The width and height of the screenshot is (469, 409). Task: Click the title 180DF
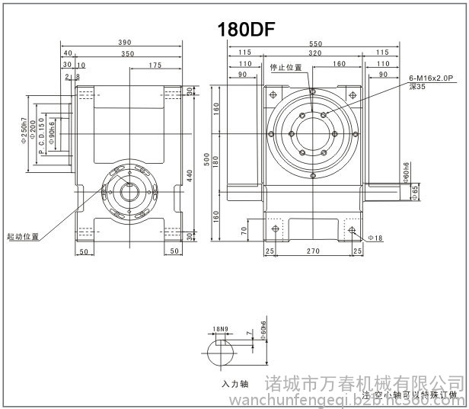[x=246, y=29]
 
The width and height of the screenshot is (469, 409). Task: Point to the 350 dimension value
[x=128, y=55]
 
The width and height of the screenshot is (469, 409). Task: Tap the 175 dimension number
[x=155, y=66]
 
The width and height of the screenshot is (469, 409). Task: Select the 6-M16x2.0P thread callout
[x=431, y=78]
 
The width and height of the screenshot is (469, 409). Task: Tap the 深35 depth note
[x=416, y=87]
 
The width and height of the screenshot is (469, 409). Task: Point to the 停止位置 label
[x=286, y=67]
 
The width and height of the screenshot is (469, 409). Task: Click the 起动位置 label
[x=22, y=236]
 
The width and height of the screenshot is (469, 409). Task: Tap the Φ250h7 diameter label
[x=24, y=135]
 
